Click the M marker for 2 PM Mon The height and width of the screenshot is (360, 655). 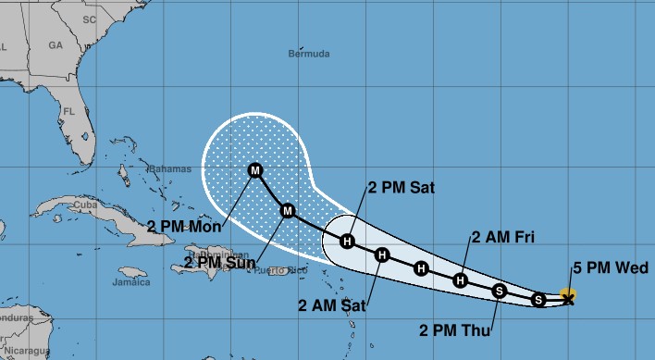(254, 170)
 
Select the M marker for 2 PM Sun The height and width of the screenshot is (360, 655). (288, 211)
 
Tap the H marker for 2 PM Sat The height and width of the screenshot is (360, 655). (347, 242)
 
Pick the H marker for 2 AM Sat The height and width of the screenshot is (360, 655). (382, 255)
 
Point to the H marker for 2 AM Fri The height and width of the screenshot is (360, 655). (461, 279)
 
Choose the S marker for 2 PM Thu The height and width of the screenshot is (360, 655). (500, 292)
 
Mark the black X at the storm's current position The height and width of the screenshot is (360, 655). (568, 298)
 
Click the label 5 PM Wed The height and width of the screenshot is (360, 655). (616, 268)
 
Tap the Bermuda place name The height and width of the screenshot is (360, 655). (309, 55)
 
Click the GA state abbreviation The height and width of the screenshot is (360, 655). (56, 44)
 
